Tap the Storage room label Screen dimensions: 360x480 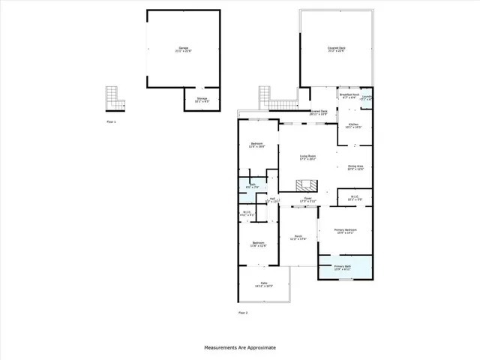[202, 100]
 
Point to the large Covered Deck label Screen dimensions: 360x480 [337, 49]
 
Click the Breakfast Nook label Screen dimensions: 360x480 [349, 97]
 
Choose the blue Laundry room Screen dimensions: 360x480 [367, 98]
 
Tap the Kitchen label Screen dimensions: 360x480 [353, 126]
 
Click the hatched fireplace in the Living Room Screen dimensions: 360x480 [305, 186]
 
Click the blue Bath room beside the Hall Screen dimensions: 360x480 [253, 187]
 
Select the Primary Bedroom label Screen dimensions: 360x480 [345, 231]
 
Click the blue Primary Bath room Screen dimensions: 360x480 [345, 268]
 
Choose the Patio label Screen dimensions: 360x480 [263, 284]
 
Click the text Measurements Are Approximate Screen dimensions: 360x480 [240, 348]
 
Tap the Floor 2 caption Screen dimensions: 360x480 [242, 312]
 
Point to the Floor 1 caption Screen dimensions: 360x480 [111, 121]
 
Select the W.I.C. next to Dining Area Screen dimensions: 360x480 [355, 199]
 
